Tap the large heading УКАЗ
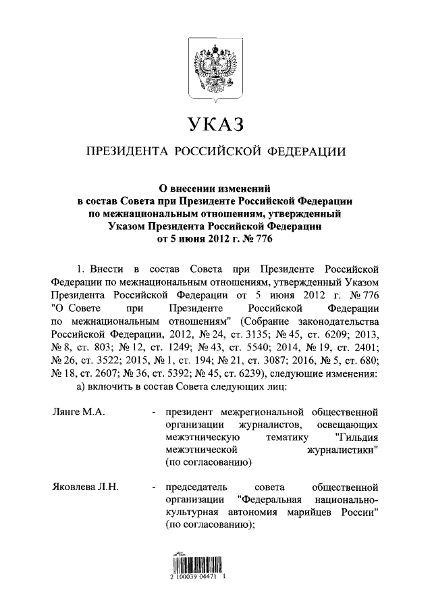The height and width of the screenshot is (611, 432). [x=215, y=124]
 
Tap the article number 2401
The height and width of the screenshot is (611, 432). [x=364, y=347]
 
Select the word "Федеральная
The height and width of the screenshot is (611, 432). [x=277, y=500]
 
